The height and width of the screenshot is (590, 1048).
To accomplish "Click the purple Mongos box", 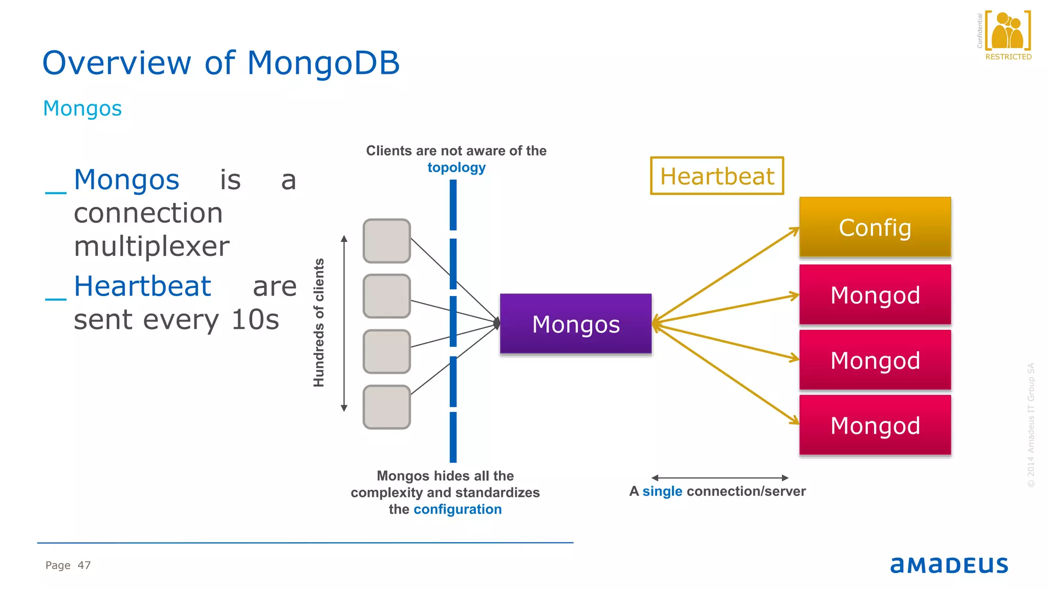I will (x=576, y=324).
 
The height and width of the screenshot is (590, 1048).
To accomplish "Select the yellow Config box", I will (x=875, y=227).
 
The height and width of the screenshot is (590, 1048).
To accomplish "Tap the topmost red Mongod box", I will (x=875, y=294).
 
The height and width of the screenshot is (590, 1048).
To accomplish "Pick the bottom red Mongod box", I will (x=875, y=425).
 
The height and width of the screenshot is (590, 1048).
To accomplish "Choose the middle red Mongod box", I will (x=875, y=360).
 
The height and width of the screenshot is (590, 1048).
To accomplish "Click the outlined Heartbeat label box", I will (x=717, y=176).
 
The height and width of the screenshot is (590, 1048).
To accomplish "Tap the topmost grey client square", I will (x=387, y=241).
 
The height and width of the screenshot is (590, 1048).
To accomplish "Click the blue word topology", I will (x=456, y=167).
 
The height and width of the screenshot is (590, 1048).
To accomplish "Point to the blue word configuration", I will (x=457, y=509).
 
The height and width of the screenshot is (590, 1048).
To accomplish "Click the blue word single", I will (x=662, y=491).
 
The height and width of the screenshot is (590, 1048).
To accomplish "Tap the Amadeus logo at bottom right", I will (x=949, y=565).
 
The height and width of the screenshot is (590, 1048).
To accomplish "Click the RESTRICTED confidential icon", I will (x=1008, y=35).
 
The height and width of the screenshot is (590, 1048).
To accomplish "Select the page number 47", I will (x=84, y=565).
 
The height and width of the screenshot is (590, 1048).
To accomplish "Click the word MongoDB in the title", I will (x=323, y=63).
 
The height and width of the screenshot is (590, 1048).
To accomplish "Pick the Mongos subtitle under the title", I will (x=82, y=108).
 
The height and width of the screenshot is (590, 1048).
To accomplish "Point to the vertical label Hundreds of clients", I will (x=319, y=323).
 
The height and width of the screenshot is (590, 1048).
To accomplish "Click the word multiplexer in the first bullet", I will (x=151, y=246).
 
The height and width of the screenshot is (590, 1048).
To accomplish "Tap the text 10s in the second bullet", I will (x=255, y=320).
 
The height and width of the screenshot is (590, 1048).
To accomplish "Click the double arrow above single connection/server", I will (x=719, y=478).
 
